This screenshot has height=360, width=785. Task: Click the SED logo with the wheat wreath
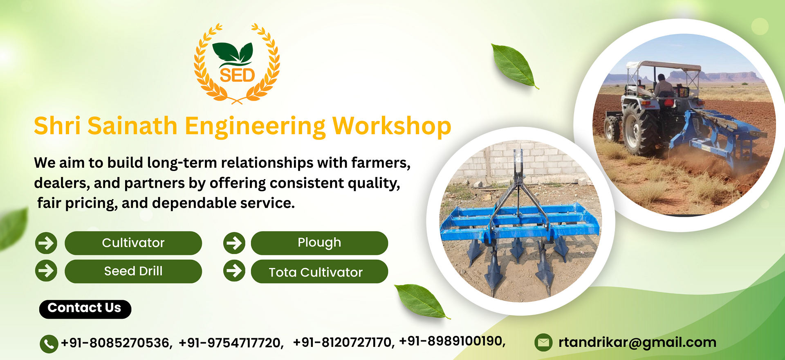point(237,63)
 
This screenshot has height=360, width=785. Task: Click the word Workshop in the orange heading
point(392,126)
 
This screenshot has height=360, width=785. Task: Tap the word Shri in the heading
point(57,126)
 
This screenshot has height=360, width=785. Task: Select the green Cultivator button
point(133,243)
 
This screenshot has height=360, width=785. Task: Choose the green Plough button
point(319,243)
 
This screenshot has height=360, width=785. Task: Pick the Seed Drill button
point(133,271)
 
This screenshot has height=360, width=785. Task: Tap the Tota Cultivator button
point(319,272)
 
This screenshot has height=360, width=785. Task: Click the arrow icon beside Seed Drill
point(46,270)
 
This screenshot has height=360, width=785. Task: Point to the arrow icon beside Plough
point(234,243)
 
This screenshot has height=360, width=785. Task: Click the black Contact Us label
point(85,309)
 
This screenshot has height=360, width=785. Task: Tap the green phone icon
point(49,344)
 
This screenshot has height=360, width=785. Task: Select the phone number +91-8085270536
point(117,343)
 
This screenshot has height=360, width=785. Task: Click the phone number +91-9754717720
point(231,343)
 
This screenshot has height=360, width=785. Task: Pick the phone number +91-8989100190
point(452,341)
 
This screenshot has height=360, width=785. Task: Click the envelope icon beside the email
point(543,342)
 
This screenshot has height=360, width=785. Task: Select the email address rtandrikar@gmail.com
point(637,342)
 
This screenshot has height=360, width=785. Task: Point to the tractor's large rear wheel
point(639,129)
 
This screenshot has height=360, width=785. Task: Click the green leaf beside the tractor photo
point(514,65)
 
